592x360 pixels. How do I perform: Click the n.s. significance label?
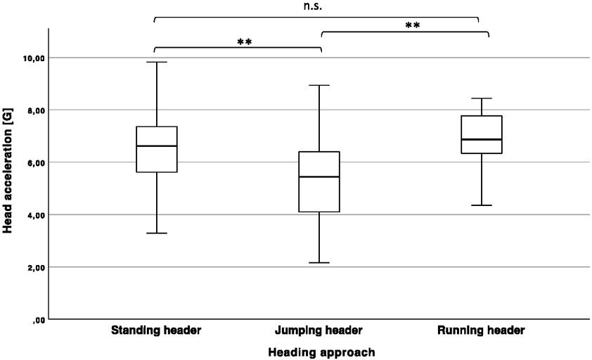[316, 6]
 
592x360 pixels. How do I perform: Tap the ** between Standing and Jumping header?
[245, 42]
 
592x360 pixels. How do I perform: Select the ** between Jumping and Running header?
[413, 26]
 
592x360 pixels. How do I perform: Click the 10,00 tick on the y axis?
[28, 58]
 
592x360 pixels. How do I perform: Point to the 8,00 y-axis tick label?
[30, 110]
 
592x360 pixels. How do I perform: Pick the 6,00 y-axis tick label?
[30, 162]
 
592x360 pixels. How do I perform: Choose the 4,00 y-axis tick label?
[30, 215]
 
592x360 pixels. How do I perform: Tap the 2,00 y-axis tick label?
[30, 268]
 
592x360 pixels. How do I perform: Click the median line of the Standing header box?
[156, 146]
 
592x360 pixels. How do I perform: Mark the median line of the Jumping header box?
[319, 177]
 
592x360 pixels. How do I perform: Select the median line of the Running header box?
[481, 140]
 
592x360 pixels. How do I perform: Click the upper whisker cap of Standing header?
[156, 62]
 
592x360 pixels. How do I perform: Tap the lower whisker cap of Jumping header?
[319, 263]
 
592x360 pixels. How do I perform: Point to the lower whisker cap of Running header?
[481, 205]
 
